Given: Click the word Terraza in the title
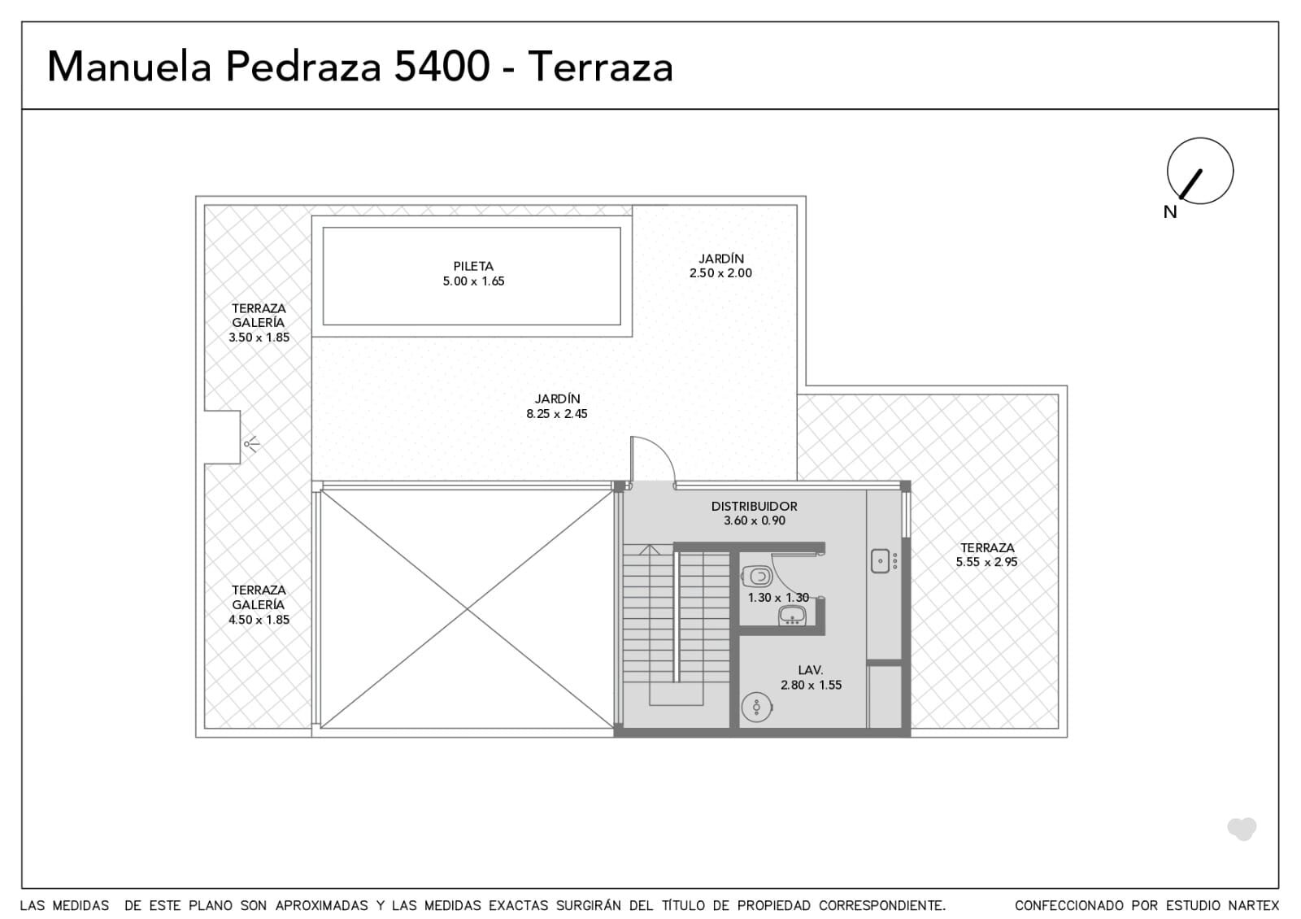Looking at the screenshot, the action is (601, 67).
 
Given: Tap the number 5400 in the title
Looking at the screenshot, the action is (442, 67).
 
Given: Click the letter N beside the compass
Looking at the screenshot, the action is (1170, 212).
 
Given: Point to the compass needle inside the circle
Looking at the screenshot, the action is (1190, 184).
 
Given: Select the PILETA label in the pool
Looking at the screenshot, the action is (473, 267).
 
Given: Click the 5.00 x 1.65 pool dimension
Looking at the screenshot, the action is (473, 281).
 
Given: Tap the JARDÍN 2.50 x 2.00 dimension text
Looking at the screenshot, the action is (720, 273).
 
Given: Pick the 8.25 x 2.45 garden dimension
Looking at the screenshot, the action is (556, 414).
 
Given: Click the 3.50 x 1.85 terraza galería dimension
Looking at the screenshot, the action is (259, 338).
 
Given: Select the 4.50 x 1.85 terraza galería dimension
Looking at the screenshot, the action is (259, 620).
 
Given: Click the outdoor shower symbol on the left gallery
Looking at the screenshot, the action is (252, 444).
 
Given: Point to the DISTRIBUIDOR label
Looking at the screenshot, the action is (754, 507).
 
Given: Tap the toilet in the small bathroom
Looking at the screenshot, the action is (757, 577).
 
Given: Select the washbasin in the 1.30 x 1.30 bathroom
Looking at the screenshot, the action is (792, 616).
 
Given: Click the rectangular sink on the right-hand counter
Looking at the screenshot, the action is (880, 561).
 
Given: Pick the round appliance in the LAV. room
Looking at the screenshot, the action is (757, 707).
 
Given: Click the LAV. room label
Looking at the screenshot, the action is (810, 670).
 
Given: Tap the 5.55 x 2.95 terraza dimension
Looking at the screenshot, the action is (987, 562).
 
